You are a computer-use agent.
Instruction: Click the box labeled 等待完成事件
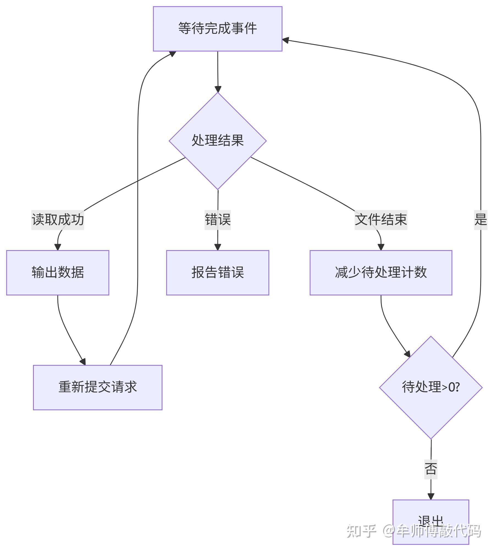pyautogui.click(x=217, y=29)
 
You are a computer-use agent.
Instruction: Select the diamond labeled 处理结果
pyautogui.click(x=217, y=141)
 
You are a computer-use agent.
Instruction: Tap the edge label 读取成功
pyautogui.click(x=57, y=220)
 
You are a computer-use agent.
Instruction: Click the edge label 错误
pyautogui.click(x=217, y=220)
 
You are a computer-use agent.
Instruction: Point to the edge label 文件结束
pyautogui.click(x=381, y=220)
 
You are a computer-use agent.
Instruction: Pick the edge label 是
pyautogui.click(x=481, y=220)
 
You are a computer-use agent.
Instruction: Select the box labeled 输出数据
pyautogui.click(x=57, y=273)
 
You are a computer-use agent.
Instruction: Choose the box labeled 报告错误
pyautogui.click(x=217, y=273)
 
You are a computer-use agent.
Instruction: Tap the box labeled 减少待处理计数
pyautogui.click(x=381, y=273)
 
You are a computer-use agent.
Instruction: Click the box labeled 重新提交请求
pyautogui.click(x=98, y=387)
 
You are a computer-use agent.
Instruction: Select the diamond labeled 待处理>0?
pyautogui.click(x=431, y=387)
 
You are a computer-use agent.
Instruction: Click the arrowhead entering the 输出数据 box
pyautogui.click(x=57, y=247)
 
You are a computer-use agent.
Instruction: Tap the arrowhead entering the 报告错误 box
pyautogui.click(x=217, y=247)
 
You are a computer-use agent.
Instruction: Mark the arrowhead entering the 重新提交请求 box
pyautogui.click(x=83, y=361)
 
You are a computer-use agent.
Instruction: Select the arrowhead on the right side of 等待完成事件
pyautogui.click(x=286, y=40)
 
